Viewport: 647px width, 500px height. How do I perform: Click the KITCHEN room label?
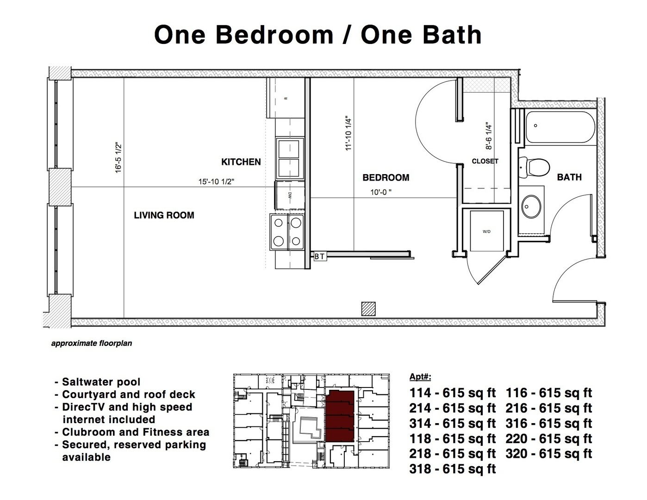click(x=241, y=162)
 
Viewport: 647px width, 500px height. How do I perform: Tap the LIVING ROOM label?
click(x=164, y=215)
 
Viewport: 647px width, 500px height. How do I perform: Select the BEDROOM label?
click(x=386, y=178)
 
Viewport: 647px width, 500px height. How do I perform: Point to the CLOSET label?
click(x=485, y=161)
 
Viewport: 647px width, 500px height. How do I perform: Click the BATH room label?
click(x=569, y=177)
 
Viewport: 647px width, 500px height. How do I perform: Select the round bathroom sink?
click(x=531, y=206)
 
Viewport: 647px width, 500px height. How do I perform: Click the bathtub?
click(x=560, y=127)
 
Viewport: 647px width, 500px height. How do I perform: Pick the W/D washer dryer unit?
click(x=486, y=231)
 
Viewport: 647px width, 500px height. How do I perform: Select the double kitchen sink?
click(x=290, y=158)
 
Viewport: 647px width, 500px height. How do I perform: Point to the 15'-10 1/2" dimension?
click(x=216, y=182)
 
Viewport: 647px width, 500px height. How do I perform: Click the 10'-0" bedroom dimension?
click(x=380, y=192)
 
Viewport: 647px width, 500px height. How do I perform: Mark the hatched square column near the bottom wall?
click(x=368, y=309)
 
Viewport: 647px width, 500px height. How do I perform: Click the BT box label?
click(x=320, y=256)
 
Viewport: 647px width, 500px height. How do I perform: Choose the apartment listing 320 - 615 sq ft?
click(x=548, y=454)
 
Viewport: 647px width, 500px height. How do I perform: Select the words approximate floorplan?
click(x=92, y=344)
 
